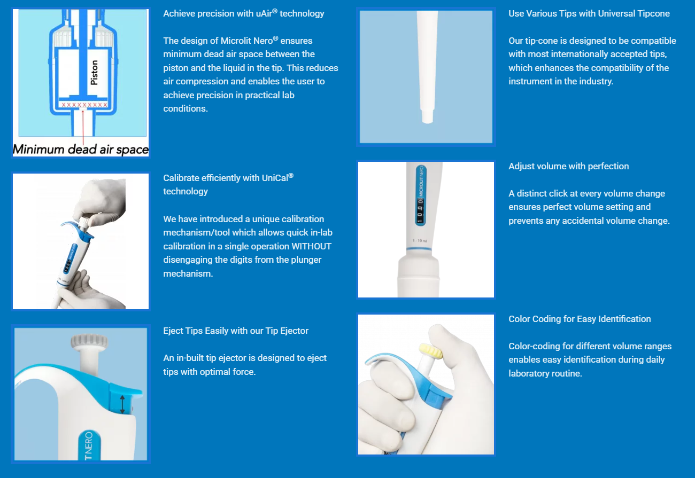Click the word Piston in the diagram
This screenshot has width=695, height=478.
click(x=94, y=73)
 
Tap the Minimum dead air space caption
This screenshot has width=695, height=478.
click(x=81, y=150)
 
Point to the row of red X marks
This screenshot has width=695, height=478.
click(x=84, y=105)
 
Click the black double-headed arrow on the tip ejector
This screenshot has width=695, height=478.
click(x=122, y=404)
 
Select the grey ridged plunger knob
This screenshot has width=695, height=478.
click(x=89, y=341)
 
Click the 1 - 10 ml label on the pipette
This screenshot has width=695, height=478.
click(x=420, y=240)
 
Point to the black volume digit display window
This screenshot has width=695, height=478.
click(x=420, y=211)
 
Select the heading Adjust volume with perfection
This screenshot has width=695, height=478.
click(x=568, y=167)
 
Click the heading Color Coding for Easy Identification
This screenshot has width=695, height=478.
click(x=580, y=319)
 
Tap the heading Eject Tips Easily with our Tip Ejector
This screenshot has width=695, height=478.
click(x=236, y=331)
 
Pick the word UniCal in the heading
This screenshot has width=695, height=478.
click(x=275, y=178)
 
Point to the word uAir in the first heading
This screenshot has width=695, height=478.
click(x=264, y=14)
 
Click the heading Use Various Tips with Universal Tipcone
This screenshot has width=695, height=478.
click(x=589, y=14)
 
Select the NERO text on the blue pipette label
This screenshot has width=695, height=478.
click(x=89, y=442)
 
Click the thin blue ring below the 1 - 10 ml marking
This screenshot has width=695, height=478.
click(x=419, y=248)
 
